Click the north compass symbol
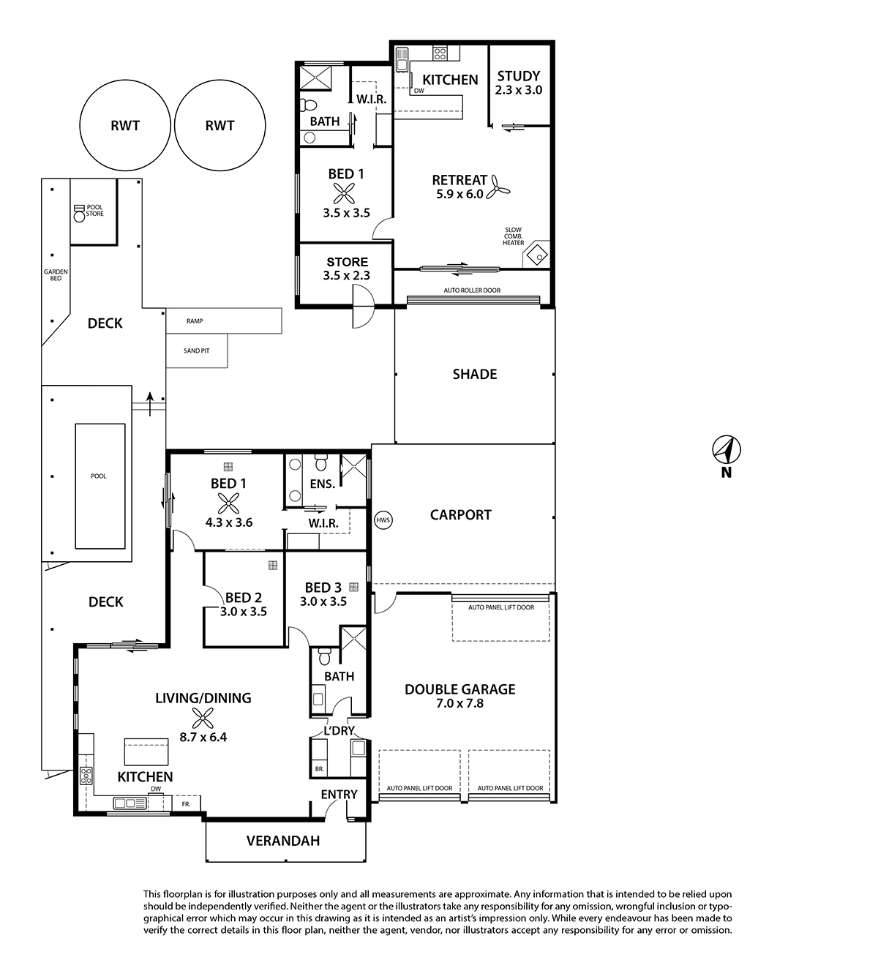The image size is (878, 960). click(727, 450)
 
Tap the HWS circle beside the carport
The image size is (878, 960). click(383, 520)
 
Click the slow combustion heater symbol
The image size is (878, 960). click(536, 255)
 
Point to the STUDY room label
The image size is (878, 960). click(519, 76)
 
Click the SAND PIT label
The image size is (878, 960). click(196, 350)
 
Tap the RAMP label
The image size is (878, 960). click(195, 321)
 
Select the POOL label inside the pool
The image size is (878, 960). click(99, 476)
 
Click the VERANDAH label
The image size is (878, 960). click(283, 841)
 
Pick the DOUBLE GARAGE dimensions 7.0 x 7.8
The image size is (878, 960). click(459, 703)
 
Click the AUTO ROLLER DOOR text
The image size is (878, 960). click(472, 290)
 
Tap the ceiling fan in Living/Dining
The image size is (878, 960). click(203, 718)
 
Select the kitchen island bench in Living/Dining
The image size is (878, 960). click(146, 751)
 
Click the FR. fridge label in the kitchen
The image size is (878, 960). click(187, 804)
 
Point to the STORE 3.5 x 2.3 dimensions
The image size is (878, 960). click(347, 276)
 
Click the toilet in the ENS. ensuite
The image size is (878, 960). click(320, 462)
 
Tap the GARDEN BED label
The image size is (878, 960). click(56, 275)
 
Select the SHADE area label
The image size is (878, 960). click(475, 374)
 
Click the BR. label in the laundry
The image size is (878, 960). click(319, 769)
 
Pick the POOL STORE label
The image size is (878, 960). click(95, 211)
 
